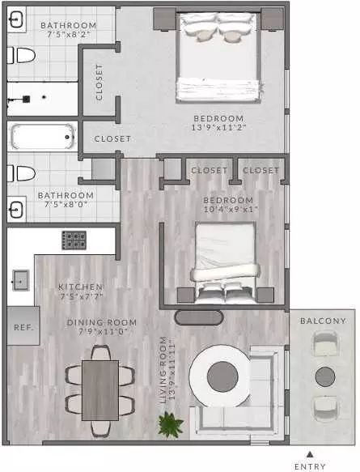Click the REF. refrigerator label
click(23, 327)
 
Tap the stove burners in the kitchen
click(74, 240)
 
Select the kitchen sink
click(21, 280)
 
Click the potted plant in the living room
click(171, 424)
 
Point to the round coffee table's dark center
click(222, 376)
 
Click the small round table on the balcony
click(325, 376)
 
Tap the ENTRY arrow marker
click(310, 454)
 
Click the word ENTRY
click(310, 466)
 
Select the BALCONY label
click(323, 321)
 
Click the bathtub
click(42, 137)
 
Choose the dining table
click(100, 390)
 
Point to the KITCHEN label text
click(81, 287)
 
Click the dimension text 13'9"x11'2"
click(219, 128)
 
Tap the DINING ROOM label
click(102, 322)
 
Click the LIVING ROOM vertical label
click(163, 370)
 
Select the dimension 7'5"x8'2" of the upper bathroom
click(69, 34)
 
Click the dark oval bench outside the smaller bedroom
click(199, 317)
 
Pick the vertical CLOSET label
click(99, 83)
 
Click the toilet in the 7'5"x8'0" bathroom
click(21, 174)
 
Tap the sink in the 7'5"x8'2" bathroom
click(16, 19)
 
